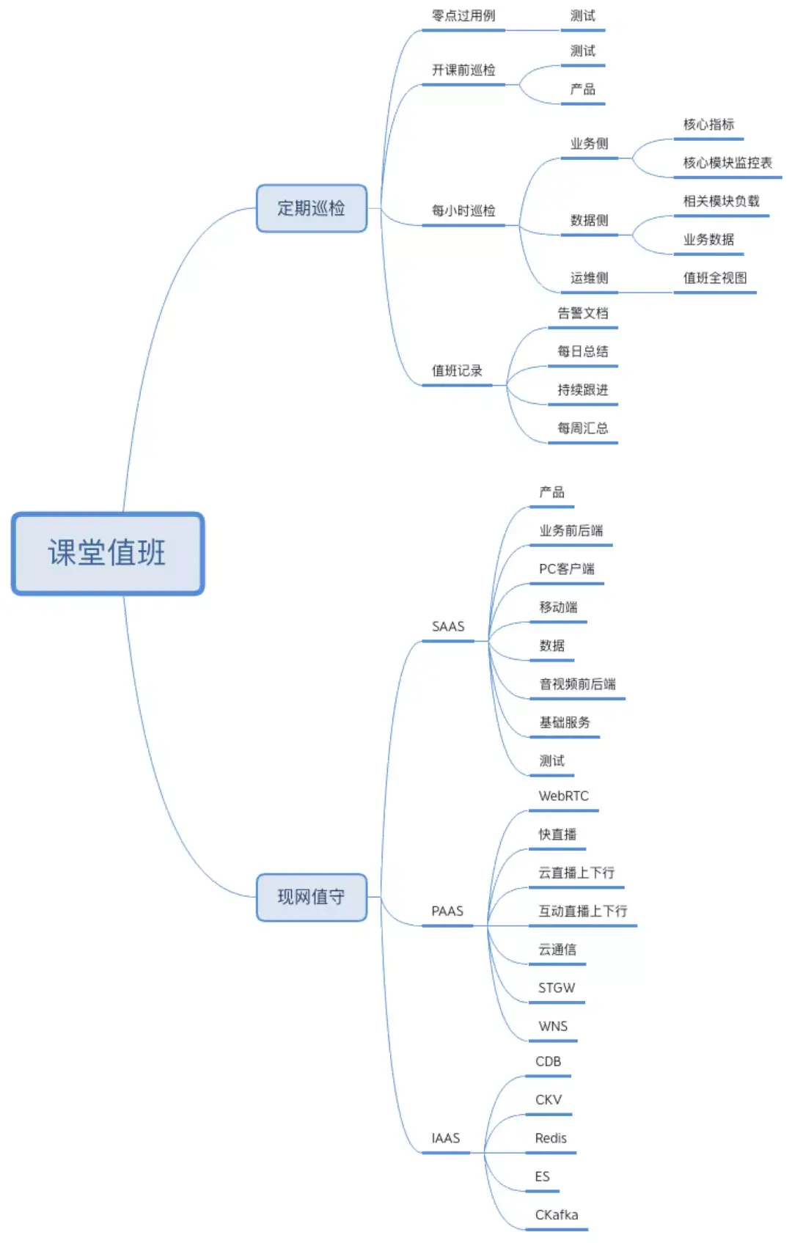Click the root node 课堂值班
(x=108, y=553)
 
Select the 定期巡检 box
(x=311, y=208)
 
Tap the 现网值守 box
(x=311, y=897)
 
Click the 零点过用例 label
(x=463, y=16)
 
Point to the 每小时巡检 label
(x=463, y=211)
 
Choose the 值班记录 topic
(x=457, y=371)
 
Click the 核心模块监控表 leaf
(x=727, y=163)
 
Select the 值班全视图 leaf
(x=715, y=278)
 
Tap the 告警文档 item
(x=583, y=314)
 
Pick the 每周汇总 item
(x=583, y=428)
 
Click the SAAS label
(x=448, y=627)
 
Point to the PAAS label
(x=447, y=912)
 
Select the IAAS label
(x=446, y=1139)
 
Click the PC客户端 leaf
(x=567, y=569)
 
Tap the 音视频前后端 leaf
(x=578, y=684)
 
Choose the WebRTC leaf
(x=563, y=796)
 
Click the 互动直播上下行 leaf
(x=583, y=912)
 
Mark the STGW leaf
(x=557, y=989)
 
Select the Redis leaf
(x=551, y=1139)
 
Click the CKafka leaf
(x=557, y=1215)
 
